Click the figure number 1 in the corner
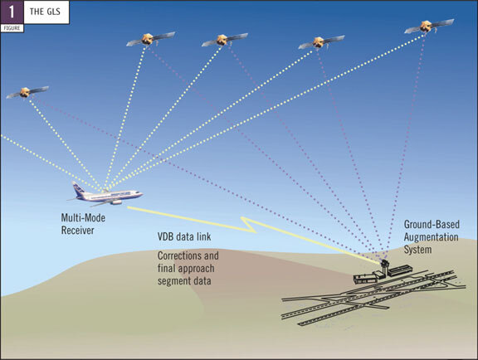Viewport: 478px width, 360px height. pyautogui.click(x=12, y=12)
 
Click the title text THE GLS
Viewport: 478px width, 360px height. pyautogui.click(x=45, y=12)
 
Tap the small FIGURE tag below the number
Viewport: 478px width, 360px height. pyautogui.click(x=12, y=28)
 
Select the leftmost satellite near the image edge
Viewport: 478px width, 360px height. pyautogui.click(x=27, y=92)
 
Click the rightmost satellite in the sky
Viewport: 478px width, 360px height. pyautogui.click(x=428, y=27)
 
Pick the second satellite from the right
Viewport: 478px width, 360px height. pyautogui.click(x=320, y=42)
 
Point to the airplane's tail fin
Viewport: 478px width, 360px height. pyautogui.click(x=78, y=189)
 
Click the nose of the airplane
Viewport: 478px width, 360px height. pyautogui.click(x=140, y=194)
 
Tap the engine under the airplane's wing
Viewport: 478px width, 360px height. pyautogui.click(x=116, y=202)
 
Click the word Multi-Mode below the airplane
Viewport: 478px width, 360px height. pyautogui.click(x=83, y=218)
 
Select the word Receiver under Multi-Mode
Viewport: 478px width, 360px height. pyautogui.click(x=77, y=231)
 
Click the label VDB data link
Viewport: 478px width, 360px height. pyautogui.click(x=184, y=237)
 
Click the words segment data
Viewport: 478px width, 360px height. pyautogui.click(x=184, y=280)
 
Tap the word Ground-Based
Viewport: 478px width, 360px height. pyautogui.click(x=432, y=224)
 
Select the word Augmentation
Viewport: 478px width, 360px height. pyautogui.click(x=431, y=237)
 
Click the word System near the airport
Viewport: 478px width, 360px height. pyautogui.click(x=417, y=250)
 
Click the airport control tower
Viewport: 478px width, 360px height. pyautogui.click(x=385, y=267)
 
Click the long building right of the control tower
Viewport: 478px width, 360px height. pyautogui.click(x=400, y=270)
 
